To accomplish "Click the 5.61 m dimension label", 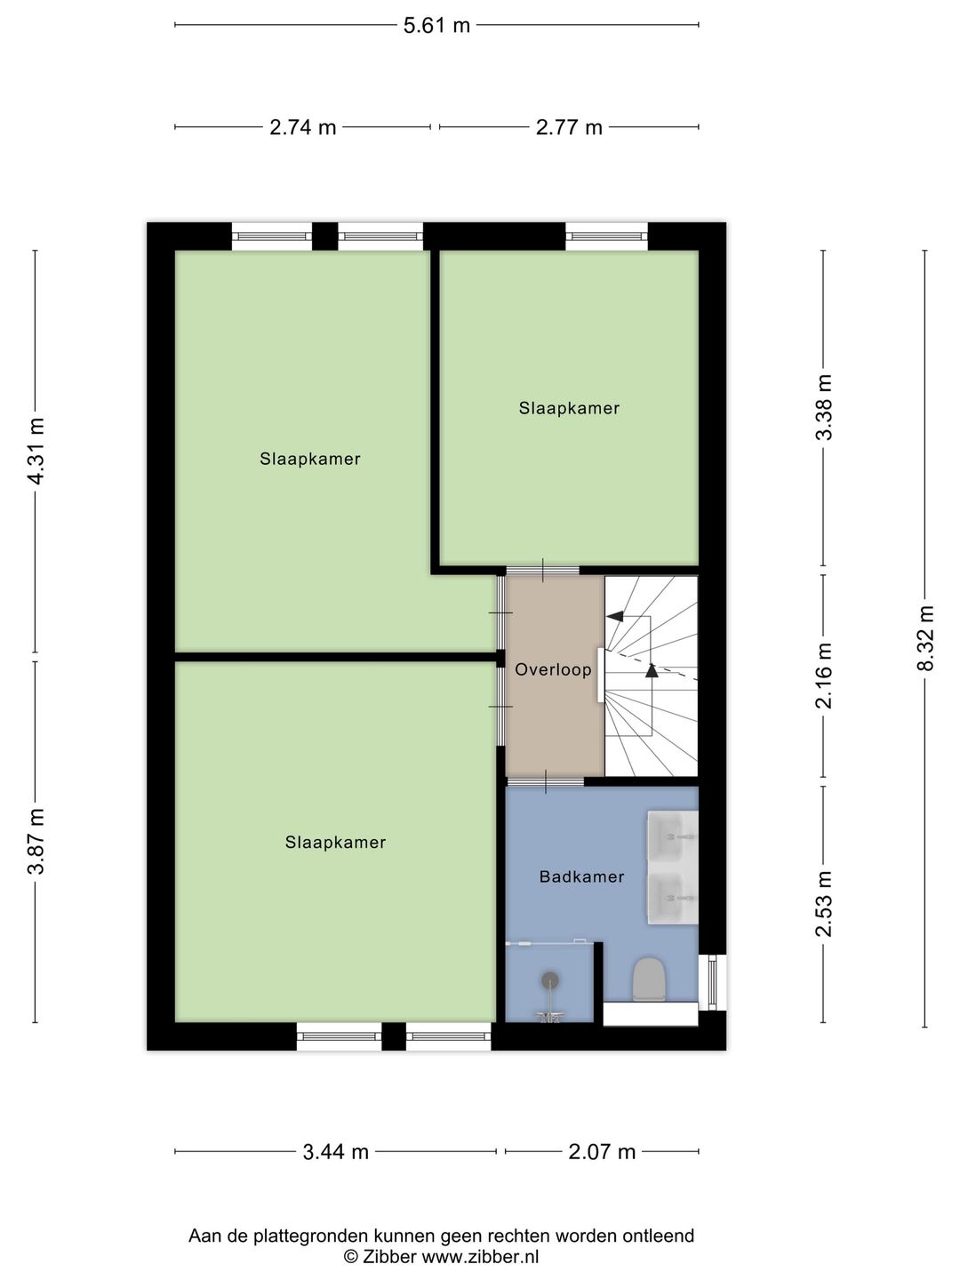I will coord(436,25).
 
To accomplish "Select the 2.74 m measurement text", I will coord(303,127).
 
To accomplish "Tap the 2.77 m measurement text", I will coord(569,127).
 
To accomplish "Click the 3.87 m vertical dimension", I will coord(36,841).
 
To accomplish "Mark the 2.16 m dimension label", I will coord(825,675).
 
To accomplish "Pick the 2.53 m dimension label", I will coord(825,903).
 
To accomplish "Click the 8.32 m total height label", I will coord(926,637).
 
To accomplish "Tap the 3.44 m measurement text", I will coord(336,1152).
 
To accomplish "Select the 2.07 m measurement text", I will coord(602,1152).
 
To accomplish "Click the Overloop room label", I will coord(553,669).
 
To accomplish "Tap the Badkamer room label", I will coord(582,876).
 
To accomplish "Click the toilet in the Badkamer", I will coord(650,980).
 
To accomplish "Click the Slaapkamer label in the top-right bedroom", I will coord(569,408).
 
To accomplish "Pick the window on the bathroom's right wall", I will coord(712,982).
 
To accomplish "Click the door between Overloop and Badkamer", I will coord(545,782).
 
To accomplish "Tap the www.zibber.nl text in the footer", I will coord(480,1257).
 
